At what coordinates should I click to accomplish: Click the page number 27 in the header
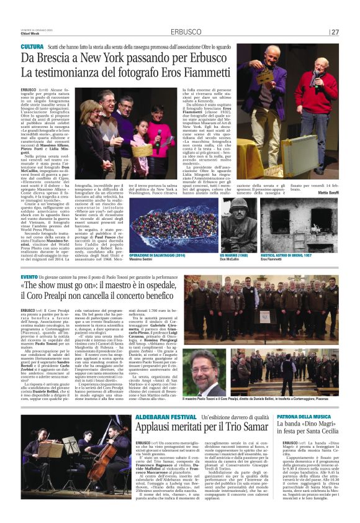pos(335,32)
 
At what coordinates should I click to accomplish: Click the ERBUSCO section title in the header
pos(184,32)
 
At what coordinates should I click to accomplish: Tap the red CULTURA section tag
pos(32,47)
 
